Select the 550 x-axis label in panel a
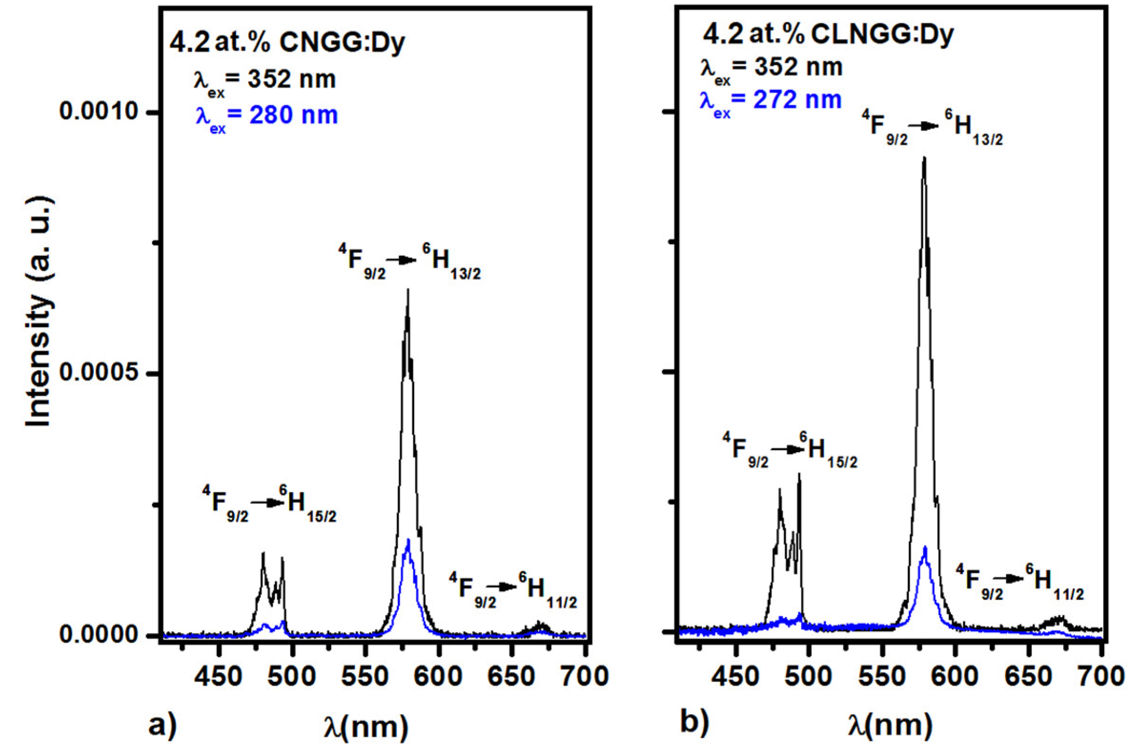pos(366,676)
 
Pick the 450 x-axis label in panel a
pos(219,676)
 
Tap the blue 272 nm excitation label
pos(770,102)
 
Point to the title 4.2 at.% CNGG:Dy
pos(287,43)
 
